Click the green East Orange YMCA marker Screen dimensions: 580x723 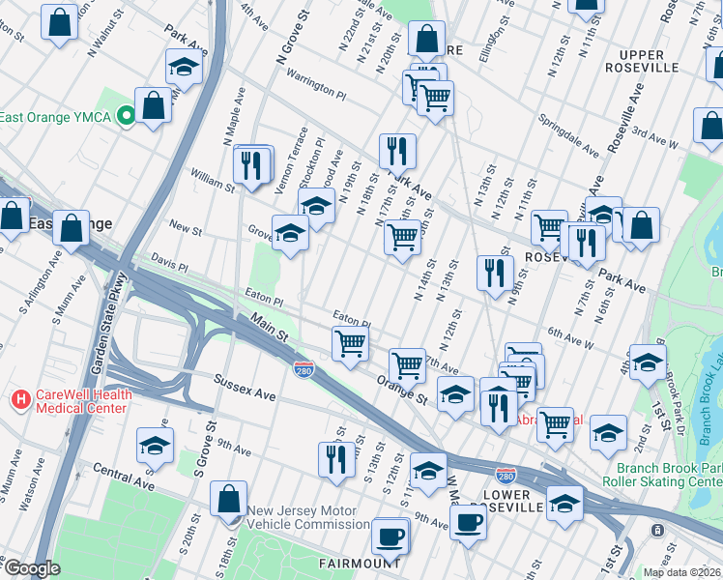click(126, 117)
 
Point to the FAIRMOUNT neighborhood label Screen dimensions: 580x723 click(360, 562)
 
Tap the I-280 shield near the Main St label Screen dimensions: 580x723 click(303, 368)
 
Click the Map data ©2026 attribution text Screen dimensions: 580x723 click(682, 571)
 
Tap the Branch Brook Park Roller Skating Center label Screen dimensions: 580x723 click(662, 474)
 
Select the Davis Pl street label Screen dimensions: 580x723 click(170, 260)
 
